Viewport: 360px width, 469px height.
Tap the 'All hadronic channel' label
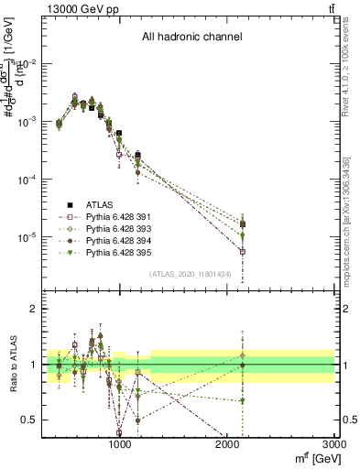point(191,38)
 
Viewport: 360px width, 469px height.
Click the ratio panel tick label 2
point(35,310)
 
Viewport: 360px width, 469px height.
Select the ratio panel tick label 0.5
point(31,420)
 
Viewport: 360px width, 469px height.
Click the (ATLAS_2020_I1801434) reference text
point(197,274)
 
